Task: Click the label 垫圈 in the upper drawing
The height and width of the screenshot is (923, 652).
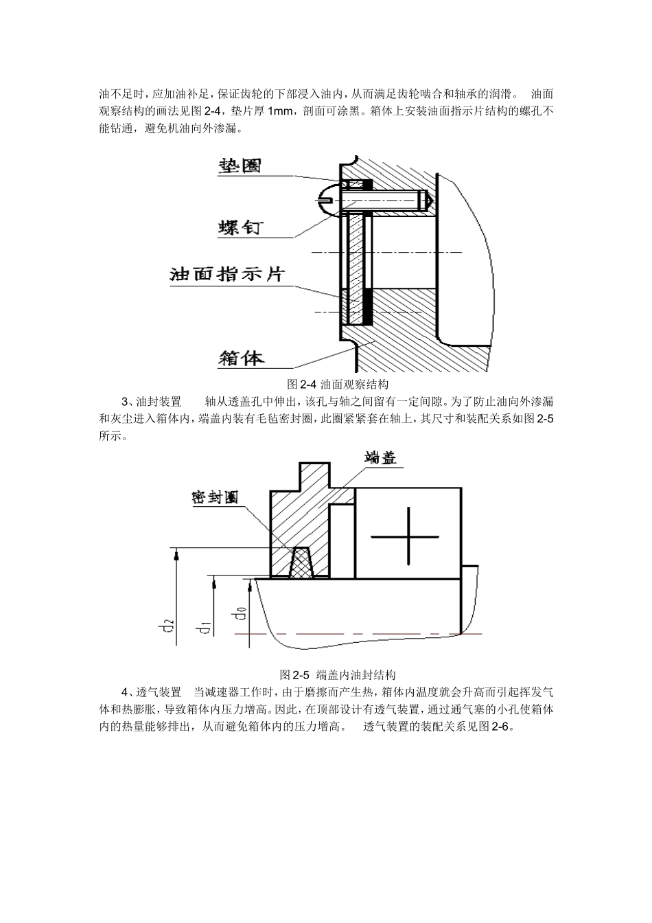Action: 240,166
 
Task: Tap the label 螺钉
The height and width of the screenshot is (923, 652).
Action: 241,227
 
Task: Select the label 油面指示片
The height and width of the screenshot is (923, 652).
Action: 226,275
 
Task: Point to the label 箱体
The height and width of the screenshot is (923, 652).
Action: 241,358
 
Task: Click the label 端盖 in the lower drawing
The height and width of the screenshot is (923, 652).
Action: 381,459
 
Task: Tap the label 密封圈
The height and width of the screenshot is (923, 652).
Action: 215,498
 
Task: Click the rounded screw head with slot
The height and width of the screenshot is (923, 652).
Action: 328,199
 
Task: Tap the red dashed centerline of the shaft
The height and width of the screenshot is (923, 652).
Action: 357,633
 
